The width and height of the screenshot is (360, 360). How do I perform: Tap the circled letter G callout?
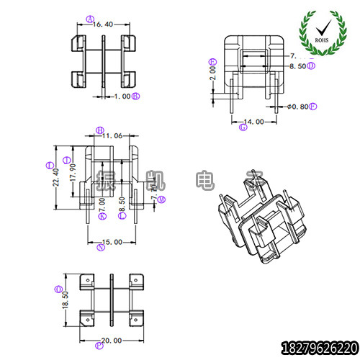(x=243, y=127)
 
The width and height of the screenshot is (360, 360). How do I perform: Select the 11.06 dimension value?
(x=112, y=135)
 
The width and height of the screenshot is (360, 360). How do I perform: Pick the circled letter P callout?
(x=98, y=345)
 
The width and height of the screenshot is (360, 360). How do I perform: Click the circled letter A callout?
(x=89, y=19)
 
